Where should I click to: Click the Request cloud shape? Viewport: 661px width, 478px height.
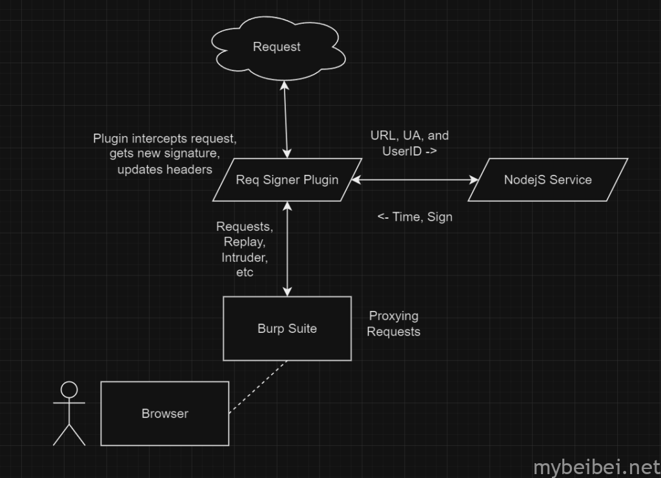point(276,46)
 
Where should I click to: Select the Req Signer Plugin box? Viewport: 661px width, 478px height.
point(287,180)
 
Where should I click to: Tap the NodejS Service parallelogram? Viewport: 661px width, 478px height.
point(547,180)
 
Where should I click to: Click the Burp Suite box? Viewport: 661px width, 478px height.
point(287,328)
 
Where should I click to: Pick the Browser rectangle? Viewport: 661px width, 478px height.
point(165,413)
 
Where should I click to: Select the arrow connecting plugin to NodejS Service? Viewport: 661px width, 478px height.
point(413,181)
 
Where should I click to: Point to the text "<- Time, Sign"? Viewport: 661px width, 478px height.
point(414,217)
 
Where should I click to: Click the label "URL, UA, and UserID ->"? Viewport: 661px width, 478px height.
point(409,143)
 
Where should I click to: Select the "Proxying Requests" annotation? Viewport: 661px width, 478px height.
point(393,324)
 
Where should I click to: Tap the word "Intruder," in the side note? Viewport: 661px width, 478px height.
point(245,257)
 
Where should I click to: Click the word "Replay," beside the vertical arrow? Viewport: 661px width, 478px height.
point(245,242)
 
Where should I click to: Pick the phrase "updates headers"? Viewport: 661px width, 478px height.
point(165,169)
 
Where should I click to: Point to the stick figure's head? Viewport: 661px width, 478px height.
point(68,390)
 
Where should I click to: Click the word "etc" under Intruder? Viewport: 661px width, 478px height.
point(245,272)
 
